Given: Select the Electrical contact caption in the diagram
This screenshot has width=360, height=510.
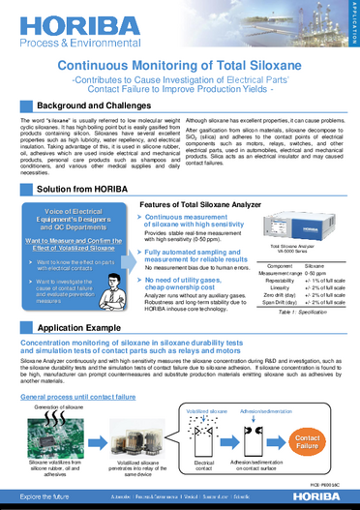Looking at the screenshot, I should [204, 467].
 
